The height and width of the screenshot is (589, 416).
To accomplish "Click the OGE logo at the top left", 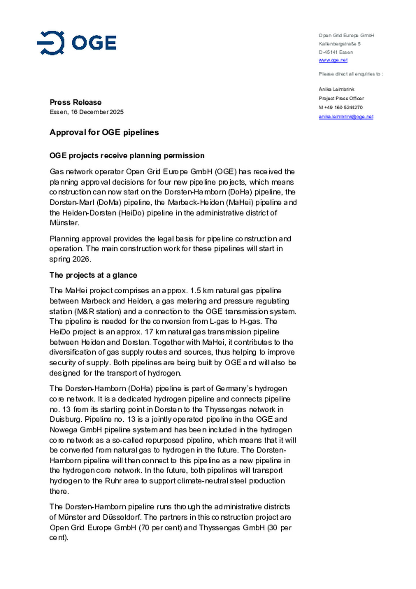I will [77, 43].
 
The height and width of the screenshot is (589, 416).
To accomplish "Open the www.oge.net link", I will [333, 60].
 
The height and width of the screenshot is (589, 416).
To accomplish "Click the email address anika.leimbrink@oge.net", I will [346, 117].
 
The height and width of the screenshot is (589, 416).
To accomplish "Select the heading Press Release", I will [75, 102].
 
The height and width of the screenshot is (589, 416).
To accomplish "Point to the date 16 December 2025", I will [97, 112].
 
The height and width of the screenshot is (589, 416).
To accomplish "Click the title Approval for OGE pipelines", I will [104, 132].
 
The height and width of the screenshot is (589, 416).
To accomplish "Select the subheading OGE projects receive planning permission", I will [127, 155].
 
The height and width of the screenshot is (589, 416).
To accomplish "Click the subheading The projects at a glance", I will [93, 275].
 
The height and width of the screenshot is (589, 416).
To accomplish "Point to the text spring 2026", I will [70, 259].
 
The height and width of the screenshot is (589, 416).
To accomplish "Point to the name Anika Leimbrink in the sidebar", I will [336, 89].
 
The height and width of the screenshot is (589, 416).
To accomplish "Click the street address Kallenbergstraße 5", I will [339, 44].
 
